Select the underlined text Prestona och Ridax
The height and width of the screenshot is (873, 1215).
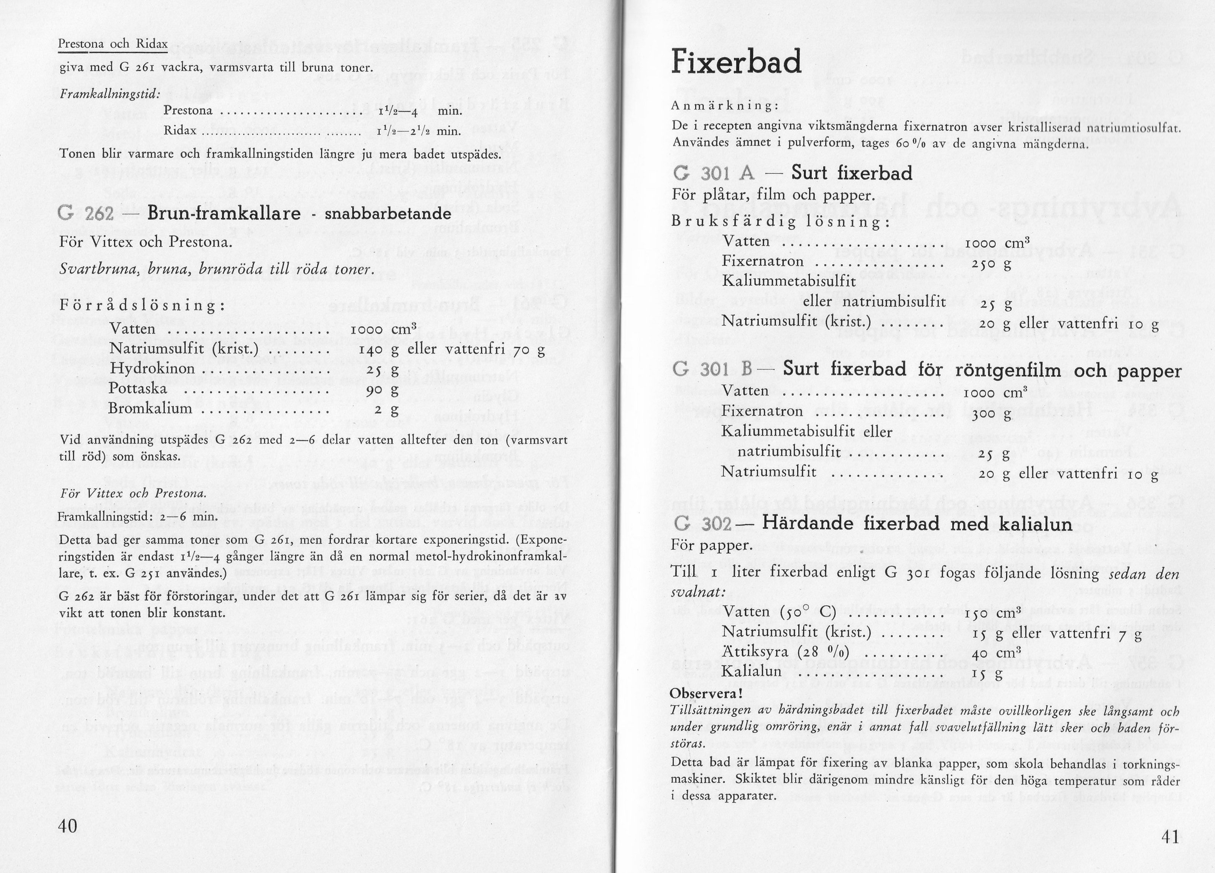112,44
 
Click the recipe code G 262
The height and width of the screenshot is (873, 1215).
86,214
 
